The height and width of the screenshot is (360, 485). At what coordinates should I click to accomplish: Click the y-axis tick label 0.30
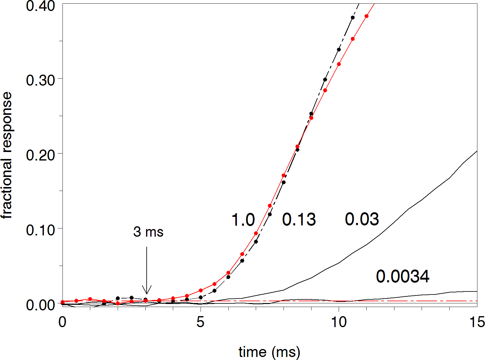[40, 80]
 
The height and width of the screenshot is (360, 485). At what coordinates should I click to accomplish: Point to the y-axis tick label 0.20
[40, 155]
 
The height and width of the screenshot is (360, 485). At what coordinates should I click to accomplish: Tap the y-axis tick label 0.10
[40, 230]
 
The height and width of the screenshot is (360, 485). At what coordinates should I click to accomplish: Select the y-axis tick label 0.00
[40, 305]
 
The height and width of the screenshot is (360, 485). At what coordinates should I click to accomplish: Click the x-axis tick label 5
[200, 322]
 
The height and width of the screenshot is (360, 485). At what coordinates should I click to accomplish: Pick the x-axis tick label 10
[339, 322]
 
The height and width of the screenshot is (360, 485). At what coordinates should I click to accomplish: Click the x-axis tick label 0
[62, 322]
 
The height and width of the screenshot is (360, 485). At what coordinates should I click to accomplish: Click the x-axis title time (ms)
[269, 352]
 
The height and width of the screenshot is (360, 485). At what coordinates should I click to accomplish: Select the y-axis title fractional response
[7, 155]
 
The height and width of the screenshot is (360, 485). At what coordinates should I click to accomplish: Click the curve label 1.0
[243, 220]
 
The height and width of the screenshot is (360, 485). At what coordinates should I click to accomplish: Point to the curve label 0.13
[299, 220]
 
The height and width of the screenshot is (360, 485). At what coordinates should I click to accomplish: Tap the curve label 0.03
[362, 219]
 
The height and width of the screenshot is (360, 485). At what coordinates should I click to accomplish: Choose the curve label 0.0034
[403, 277]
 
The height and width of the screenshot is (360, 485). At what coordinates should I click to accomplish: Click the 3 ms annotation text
[148, 232]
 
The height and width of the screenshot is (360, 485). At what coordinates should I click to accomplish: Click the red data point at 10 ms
[339, 64]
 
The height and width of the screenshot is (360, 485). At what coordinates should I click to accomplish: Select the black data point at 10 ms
[339, 50]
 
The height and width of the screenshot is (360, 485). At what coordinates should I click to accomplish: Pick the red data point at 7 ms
[256, 233]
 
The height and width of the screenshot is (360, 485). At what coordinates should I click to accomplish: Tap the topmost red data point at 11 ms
[366, 16]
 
